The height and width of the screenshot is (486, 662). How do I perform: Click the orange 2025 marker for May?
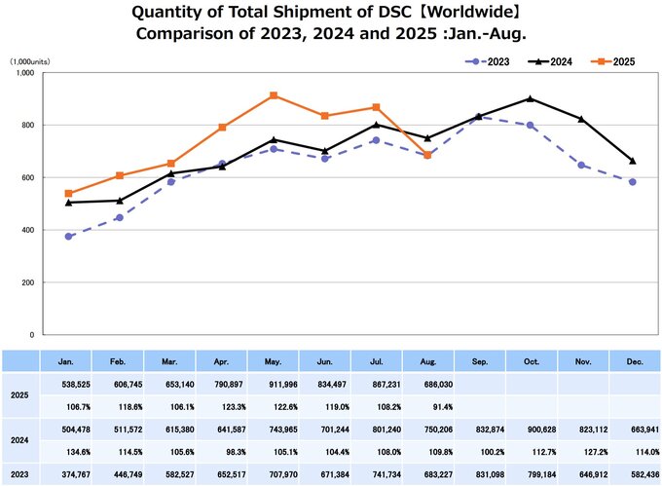pos(274,95)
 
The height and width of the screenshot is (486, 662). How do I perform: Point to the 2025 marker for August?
pos(427,155)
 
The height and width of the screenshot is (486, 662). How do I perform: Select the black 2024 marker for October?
pos(529,98)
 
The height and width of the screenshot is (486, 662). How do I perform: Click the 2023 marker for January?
pos(68,237)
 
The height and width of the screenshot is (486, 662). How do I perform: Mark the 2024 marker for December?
pos(633,161)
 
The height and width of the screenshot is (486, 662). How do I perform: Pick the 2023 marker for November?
pos(581,166)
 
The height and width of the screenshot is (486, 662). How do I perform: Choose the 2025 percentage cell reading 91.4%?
pos(427,406)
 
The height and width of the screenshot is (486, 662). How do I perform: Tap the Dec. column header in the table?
pos(633,360)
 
